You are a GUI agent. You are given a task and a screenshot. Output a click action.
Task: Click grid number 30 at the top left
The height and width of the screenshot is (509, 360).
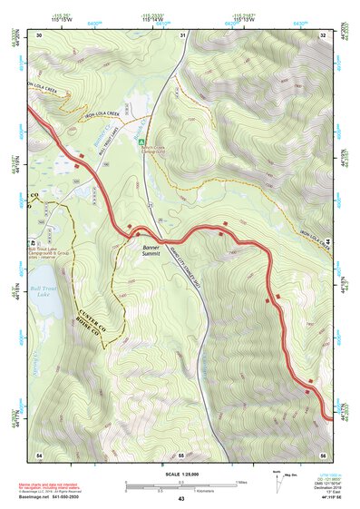40,34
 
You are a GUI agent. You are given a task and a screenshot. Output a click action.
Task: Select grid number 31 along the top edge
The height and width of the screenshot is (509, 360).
183,34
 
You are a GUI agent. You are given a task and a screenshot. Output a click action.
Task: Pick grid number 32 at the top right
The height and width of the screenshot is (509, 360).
324,34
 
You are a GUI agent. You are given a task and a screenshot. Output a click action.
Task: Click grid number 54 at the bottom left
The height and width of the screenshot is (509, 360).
39,454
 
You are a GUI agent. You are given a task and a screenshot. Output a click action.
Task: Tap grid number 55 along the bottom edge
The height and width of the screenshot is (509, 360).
181,454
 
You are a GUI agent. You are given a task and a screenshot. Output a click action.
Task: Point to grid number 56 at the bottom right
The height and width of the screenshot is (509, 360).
323,454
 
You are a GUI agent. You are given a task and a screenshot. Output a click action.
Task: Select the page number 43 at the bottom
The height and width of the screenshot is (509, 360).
180,499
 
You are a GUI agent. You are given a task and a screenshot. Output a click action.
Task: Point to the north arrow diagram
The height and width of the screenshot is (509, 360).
278,478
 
